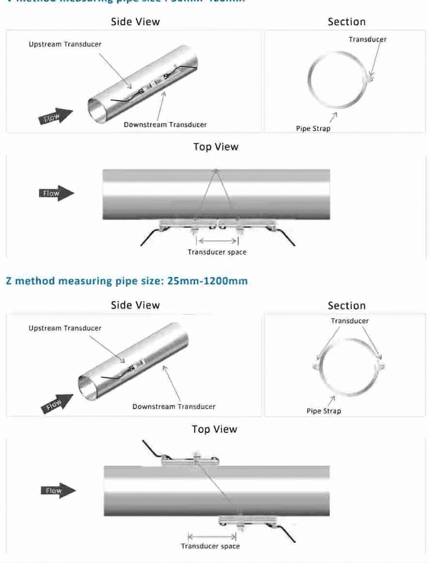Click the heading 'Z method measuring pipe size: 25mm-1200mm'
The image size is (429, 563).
pyautogui.click(x=126, y=281)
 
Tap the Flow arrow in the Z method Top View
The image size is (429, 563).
pyautogui.click(x=57, y=491)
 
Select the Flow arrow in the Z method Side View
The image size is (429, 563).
pyautogui.click(x=57, y=405)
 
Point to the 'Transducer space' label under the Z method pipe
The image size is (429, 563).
pyautogui.click(x=210, y=546)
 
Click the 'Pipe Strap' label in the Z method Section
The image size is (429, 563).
pyautogui.click(x=324, y=411)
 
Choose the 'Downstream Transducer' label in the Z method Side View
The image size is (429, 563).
pyautogui.click(x=174, y=406)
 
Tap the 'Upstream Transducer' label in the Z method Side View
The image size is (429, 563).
pyautogui.click(x=65, y=328)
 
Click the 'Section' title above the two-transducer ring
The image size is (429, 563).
pyautogui.click(x=347, y=305)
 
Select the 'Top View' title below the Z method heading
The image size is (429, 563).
pyautogui.click(x=214, y=429)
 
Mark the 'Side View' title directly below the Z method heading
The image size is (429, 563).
pyautogui.click(x=135, y=305)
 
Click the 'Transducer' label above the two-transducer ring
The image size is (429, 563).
pyautogui.click(x=350, y=321)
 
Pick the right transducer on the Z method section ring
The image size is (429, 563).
pyautogui.click(x=382, y=366)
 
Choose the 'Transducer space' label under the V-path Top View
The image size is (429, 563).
pyautogui.click(x=217, y=252)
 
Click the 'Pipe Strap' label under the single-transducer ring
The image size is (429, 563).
pyautogui.click(x=313, y=129)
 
